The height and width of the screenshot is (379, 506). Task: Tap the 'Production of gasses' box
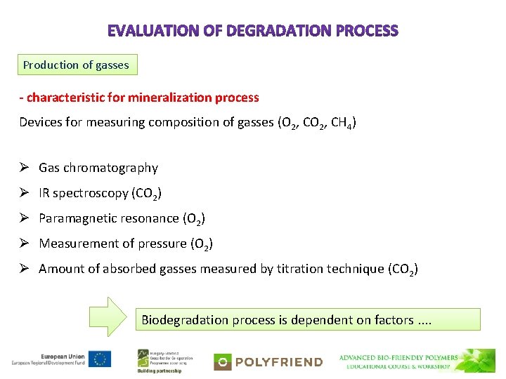pos(77,65)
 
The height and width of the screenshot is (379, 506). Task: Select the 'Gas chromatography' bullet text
pos(98,168)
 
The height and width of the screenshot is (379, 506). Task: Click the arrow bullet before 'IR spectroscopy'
pos(24,193)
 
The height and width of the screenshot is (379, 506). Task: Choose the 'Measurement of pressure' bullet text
pos(112,244)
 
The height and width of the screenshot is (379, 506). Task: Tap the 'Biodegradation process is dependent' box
pos(308,320)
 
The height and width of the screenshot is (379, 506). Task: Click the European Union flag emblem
pos(100,359)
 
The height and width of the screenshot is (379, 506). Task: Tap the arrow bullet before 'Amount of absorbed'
pos(24,269)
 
